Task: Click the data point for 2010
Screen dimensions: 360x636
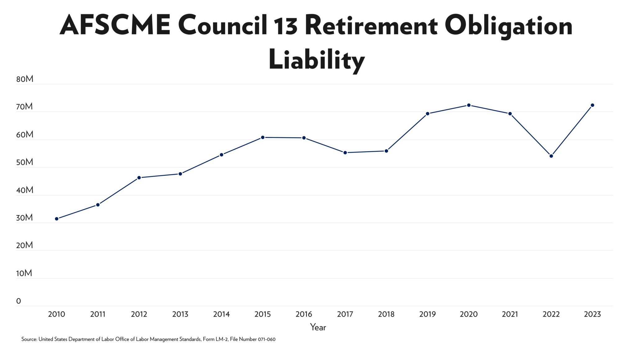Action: (57, 219)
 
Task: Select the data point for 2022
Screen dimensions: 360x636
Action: (551, 156)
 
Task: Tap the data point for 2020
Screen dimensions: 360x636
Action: (469, 105)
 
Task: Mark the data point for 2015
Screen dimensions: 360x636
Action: (263, 137)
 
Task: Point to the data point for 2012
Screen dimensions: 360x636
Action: (139, 178)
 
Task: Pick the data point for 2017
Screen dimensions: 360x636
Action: (345, 153)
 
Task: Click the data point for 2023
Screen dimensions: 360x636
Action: (592, 105)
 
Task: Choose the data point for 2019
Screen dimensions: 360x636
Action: (428, 114)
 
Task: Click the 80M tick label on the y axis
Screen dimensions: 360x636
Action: (25, 79)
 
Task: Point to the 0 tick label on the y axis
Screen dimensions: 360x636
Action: (19, 301)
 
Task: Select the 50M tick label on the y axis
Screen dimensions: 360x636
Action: (25, 162)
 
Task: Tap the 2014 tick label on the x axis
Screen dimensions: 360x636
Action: (221, 314)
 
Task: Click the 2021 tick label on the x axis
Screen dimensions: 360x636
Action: (510, 314)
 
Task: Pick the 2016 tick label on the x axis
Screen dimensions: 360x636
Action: (304, 314)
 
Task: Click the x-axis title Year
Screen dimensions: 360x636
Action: (318, 327)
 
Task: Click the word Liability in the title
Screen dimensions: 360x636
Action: (316, 60)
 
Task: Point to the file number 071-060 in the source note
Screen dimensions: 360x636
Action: (266, 339)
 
